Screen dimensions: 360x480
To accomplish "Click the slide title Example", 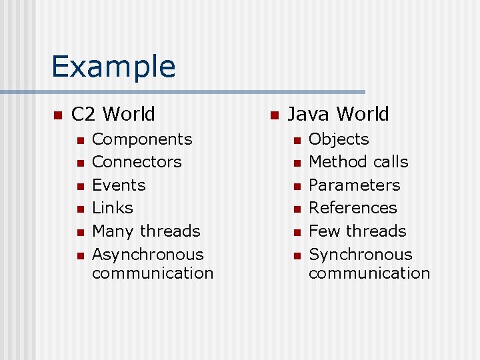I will tap(113, 66).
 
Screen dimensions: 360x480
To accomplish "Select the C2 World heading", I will tap(113, 114).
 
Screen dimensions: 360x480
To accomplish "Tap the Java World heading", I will tap(338, 114).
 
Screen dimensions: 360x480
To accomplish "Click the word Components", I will tap(142, 139).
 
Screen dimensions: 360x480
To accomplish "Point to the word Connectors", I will tap(137, 162).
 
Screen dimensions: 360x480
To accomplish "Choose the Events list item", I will tap(119, 185).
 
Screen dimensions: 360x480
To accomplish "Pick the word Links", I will tap(113, 208).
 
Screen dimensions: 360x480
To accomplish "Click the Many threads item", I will tap(146, 231).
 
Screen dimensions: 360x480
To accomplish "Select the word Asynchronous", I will tap(148, 255).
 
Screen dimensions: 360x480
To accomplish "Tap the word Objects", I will tap(339, 139).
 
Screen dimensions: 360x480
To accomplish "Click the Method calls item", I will tap(359, 162).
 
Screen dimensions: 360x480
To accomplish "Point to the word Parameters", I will tap(355, 185).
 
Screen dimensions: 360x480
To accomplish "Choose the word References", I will tap(353, 208).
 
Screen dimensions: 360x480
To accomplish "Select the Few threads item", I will tap(357, 231).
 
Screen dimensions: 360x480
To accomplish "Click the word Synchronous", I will tap(361, 255).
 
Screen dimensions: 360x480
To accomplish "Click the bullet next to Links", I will tap(80, 209).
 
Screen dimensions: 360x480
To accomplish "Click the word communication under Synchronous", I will tap(369, 273).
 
